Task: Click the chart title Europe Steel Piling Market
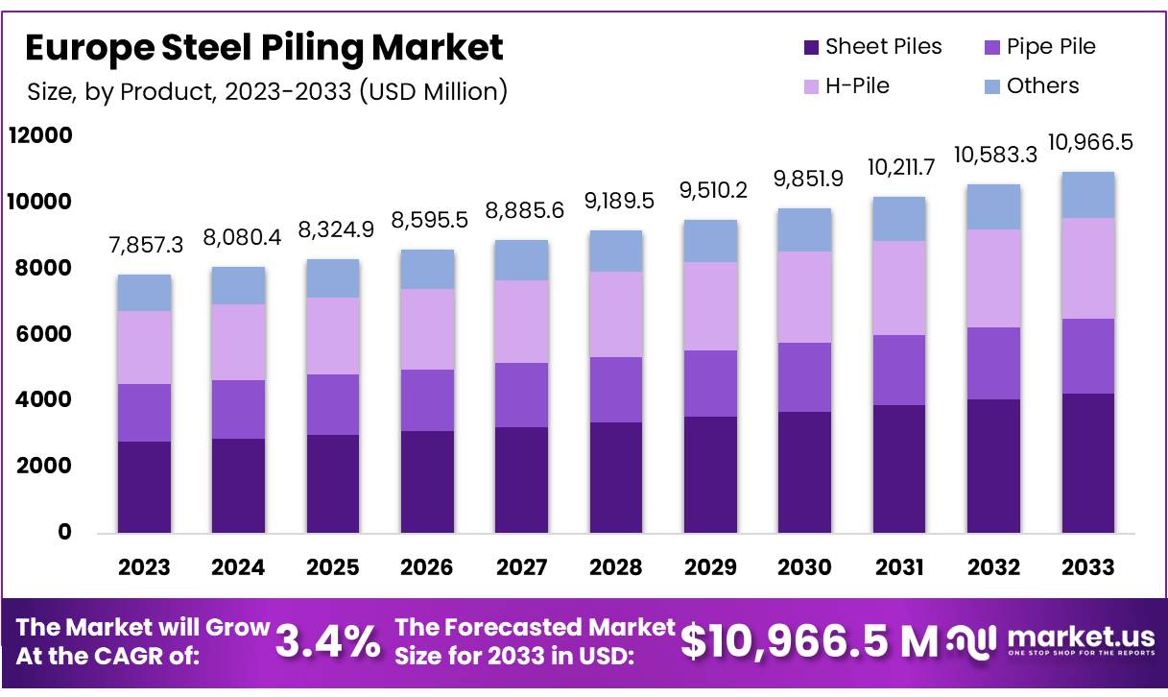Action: [264, 47]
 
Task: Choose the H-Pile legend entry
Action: [846, 86]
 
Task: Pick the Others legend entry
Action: [1032, 86]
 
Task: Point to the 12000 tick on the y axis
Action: [40, 136]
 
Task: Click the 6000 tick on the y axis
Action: [40, 334]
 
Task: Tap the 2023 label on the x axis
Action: [144, 567]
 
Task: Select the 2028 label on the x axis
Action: [616, 567]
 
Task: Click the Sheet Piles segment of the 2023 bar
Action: [144, 487]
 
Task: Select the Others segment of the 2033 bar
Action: [1088, 195]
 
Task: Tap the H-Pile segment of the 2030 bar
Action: [805, 297]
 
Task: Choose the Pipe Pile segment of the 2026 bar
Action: [427, 400]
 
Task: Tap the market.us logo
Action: [1052, 640]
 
